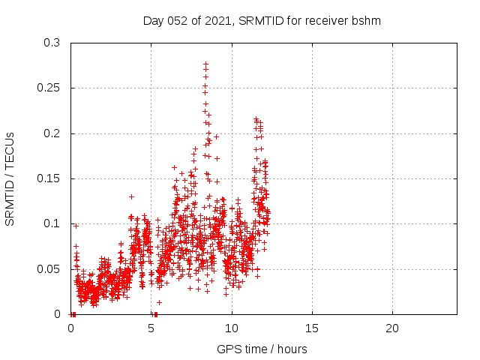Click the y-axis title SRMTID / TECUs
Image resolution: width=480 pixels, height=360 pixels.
coord(10,178)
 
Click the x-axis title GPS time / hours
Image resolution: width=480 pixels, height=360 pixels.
coord(262,349)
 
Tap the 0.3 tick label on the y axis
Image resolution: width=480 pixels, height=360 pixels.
coord(52,43)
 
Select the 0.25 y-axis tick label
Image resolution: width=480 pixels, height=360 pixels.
coord(49,88)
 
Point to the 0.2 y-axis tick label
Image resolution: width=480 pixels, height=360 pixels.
coord(52,133)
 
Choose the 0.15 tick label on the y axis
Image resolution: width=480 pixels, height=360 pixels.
coord(49,178)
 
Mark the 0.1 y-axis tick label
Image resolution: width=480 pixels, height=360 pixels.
coord(52,223)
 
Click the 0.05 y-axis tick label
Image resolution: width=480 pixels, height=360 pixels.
coord(49,268)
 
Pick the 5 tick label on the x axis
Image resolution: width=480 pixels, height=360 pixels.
coord(151,328)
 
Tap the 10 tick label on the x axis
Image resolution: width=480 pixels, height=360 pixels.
coord(232,328)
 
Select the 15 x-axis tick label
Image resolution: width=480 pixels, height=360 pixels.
coord(312,328)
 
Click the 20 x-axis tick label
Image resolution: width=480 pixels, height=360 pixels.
coord(392,328)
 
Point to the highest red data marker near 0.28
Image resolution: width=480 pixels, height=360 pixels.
coord(205,64)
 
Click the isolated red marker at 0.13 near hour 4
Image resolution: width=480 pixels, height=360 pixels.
coord(131,196)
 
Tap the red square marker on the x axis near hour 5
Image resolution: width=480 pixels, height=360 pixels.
coord(155,313)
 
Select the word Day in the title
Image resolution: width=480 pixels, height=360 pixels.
coord(153,21)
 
